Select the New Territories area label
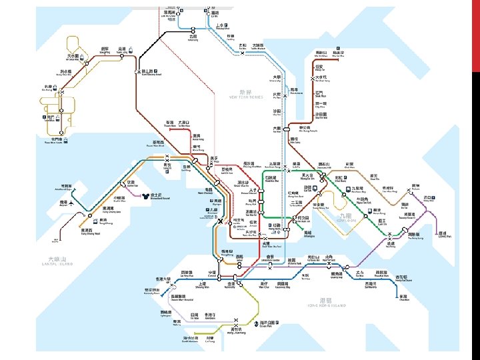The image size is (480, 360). coord(246,94)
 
